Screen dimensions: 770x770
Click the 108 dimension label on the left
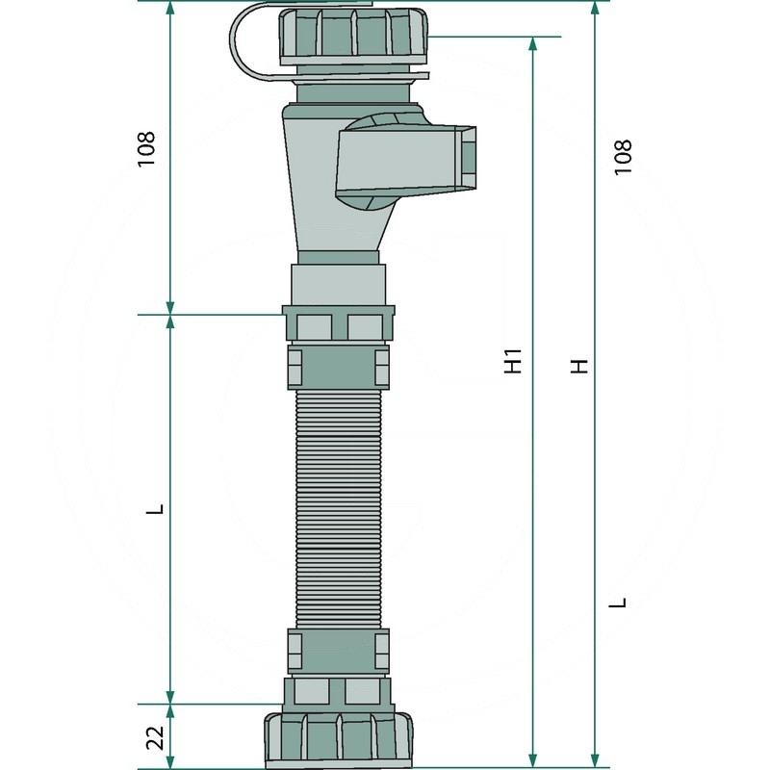click(146, 149)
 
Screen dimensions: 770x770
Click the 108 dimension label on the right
click(623, 157)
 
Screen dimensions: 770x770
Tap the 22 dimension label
click(156, 737)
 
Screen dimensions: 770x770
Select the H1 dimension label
click(513, 361)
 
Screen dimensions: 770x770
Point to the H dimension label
click(579, 367)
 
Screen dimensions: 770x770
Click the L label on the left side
click(155, 509)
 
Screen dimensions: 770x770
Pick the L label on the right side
click(618, 603)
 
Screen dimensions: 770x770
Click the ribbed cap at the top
click(353, 36)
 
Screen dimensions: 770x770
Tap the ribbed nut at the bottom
click(339, 740)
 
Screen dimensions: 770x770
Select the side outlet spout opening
click(469, 157)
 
